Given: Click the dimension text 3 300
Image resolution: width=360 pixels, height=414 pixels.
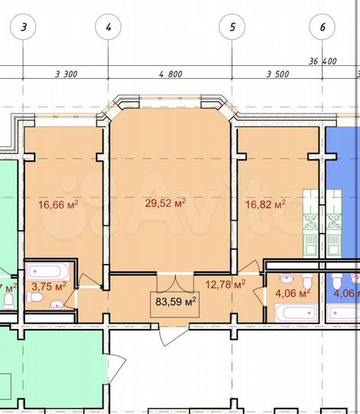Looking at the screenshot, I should pos(67,74).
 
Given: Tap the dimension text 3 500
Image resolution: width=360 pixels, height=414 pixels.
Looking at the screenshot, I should pos(279,74).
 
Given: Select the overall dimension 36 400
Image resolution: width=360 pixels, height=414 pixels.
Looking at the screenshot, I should pos(322,61).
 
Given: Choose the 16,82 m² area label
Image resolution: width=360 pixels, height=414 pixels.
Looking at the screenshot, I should pos(265,204).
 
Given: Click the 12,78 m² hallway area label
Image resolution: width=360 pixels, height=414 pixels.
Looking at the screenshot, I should pos(225,285).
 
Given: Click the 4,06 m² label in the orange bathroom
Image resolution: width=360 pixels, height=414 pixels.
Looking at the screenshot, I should pos(292,293).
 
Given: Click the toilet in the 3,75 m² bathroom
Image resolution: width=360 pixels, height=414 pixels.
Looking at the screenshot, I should pos(58,305).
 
